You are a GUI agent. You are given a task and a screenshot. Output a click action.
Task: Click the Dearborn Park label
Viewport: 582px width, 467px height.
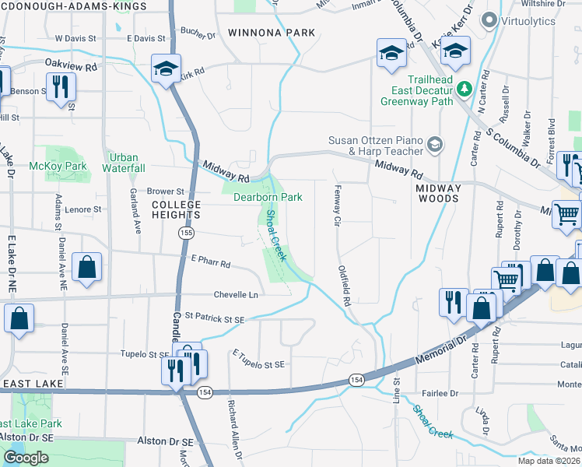[268, 198]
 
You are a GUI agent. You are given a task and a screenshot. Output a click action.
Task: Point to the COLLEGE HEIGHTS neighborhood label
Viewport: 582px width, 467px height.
[176, 210]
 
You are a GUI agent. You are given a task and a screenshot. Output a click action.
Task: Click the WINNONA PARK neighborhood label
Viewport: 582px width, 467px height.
[272, 33]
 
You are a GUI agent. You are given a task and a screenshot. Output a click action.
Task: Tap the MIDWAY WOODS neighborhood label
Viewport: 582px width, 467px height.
[438, 194]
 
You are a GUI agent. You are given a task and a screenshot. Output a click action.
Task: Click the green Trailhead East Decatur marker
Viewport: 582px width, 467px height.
[465, 90]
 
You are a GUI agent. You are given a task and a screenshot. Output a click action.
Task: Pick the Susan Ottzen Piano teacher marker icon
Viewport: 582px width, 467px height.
[435, 144]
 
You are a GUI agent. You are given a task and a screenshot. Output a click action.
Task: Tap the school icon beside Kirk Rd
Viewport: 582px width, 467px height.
[166, 68]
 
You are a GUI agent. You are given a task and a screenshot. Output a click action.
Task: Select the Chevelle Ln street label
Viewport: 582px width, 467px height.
[236, 295]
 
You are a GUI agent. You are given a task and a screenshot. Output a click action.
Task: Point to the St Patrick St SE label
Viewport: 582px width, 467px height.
[214, 318]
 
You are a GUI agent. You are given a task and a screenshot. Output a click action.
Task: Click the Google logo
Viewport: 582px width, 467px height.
[26, 458]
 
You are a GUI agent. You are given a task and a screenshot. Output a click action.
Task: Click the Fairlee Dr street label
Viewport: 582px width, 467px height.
[440, 393]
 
